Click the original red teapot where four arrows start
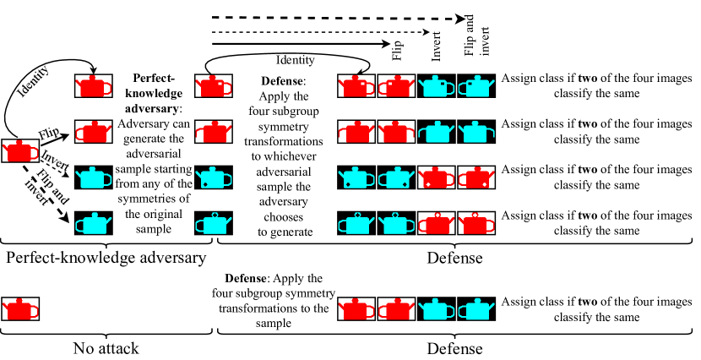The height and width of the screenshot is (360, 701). (x=19, y=151)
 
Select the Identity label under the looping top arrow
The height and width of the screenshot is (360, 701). (x=296, y=60)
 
